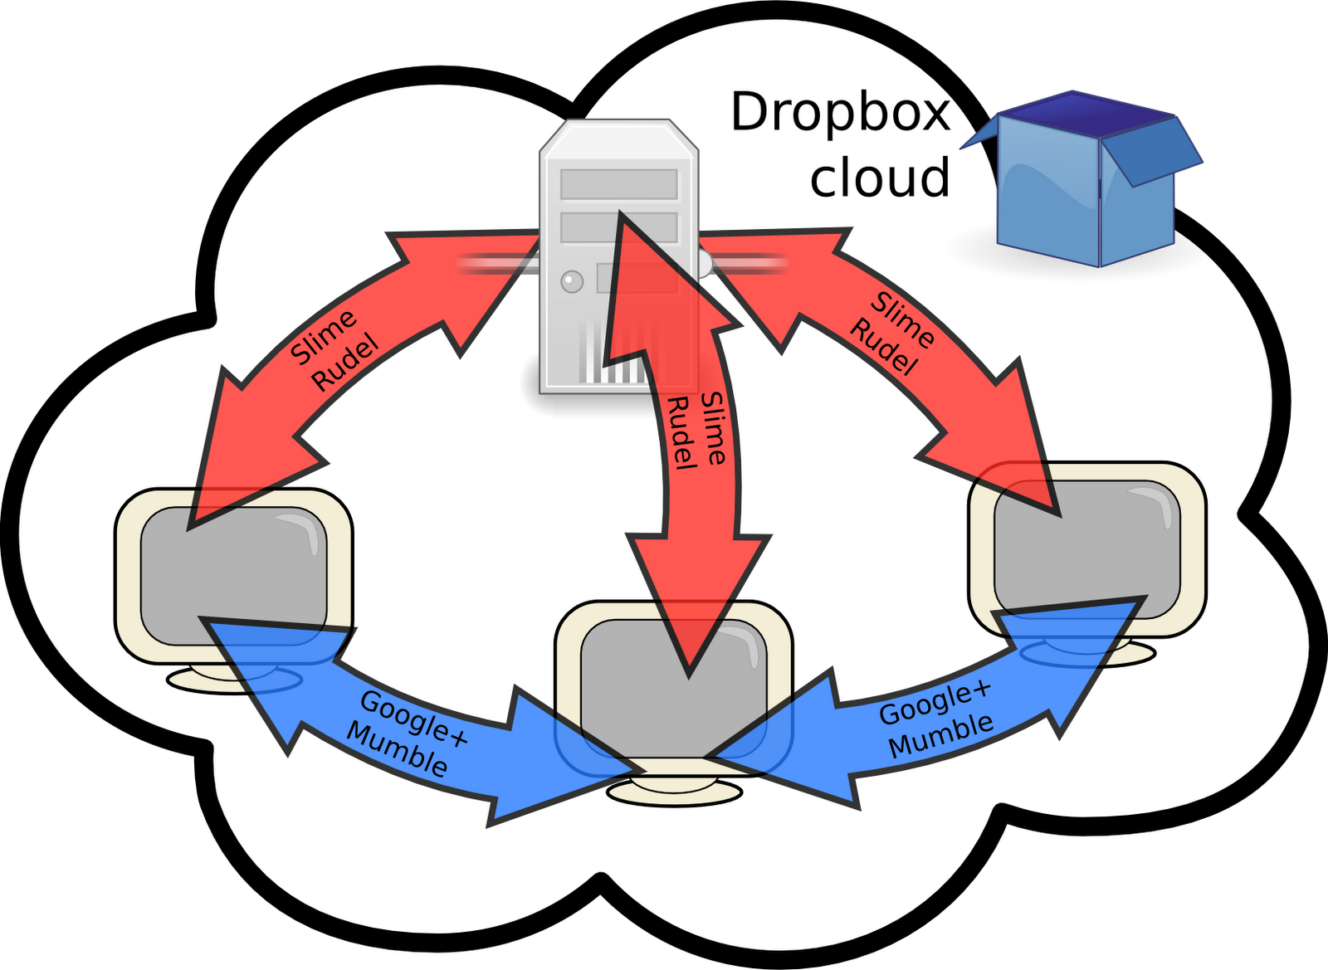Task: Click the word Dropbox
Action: point(840,114)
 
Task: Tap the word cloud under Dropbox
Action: point(880,178)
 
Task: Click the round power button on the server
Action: point(572,282)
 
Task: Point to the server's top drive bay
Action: point(618,184)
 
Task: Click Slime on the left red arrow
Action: point(324,336)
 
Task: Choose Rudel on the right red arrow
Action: point(882,349)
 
